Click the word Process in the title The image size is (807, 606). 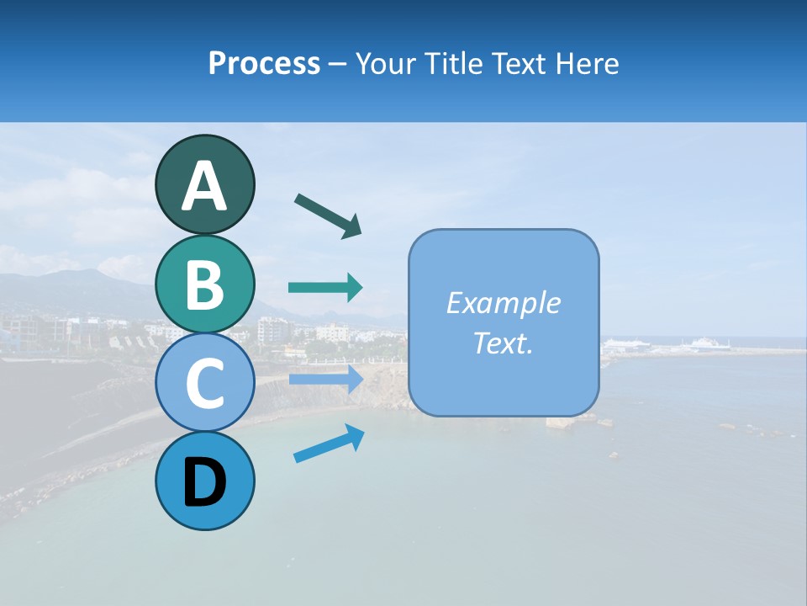264,63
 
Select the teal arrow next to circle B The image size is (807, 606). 325,288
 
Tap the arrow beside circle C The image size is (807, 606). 325,380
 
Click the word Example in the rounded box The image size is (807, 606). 503,303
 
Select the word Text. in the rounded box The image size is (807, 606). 503,343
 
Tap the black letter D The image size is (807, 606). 204,482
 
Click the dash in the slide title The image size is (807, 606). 338,65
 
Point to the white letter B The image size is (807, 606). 204,285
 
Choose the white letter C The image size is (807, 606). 204,384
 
